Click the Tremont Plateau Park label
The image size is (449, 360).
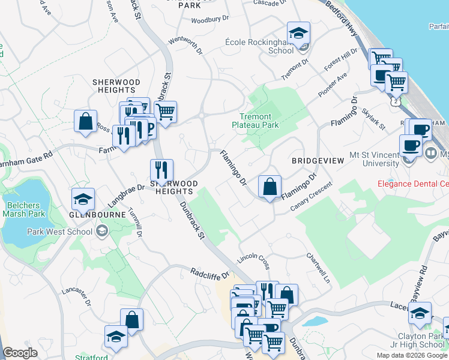point(256,121)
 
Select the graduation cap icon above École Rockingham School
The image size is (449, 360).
point(298,34)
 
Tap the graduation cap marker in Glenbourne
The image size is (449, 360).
point(83,199)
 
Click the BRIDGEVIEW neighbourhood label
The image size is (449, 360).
point(318,161)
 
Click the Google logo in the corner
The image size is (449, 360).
point(20,353)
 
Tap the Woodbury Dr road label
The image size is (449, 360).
point(210,20)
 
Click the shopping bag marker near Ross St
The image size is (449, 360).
point(86,121)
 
